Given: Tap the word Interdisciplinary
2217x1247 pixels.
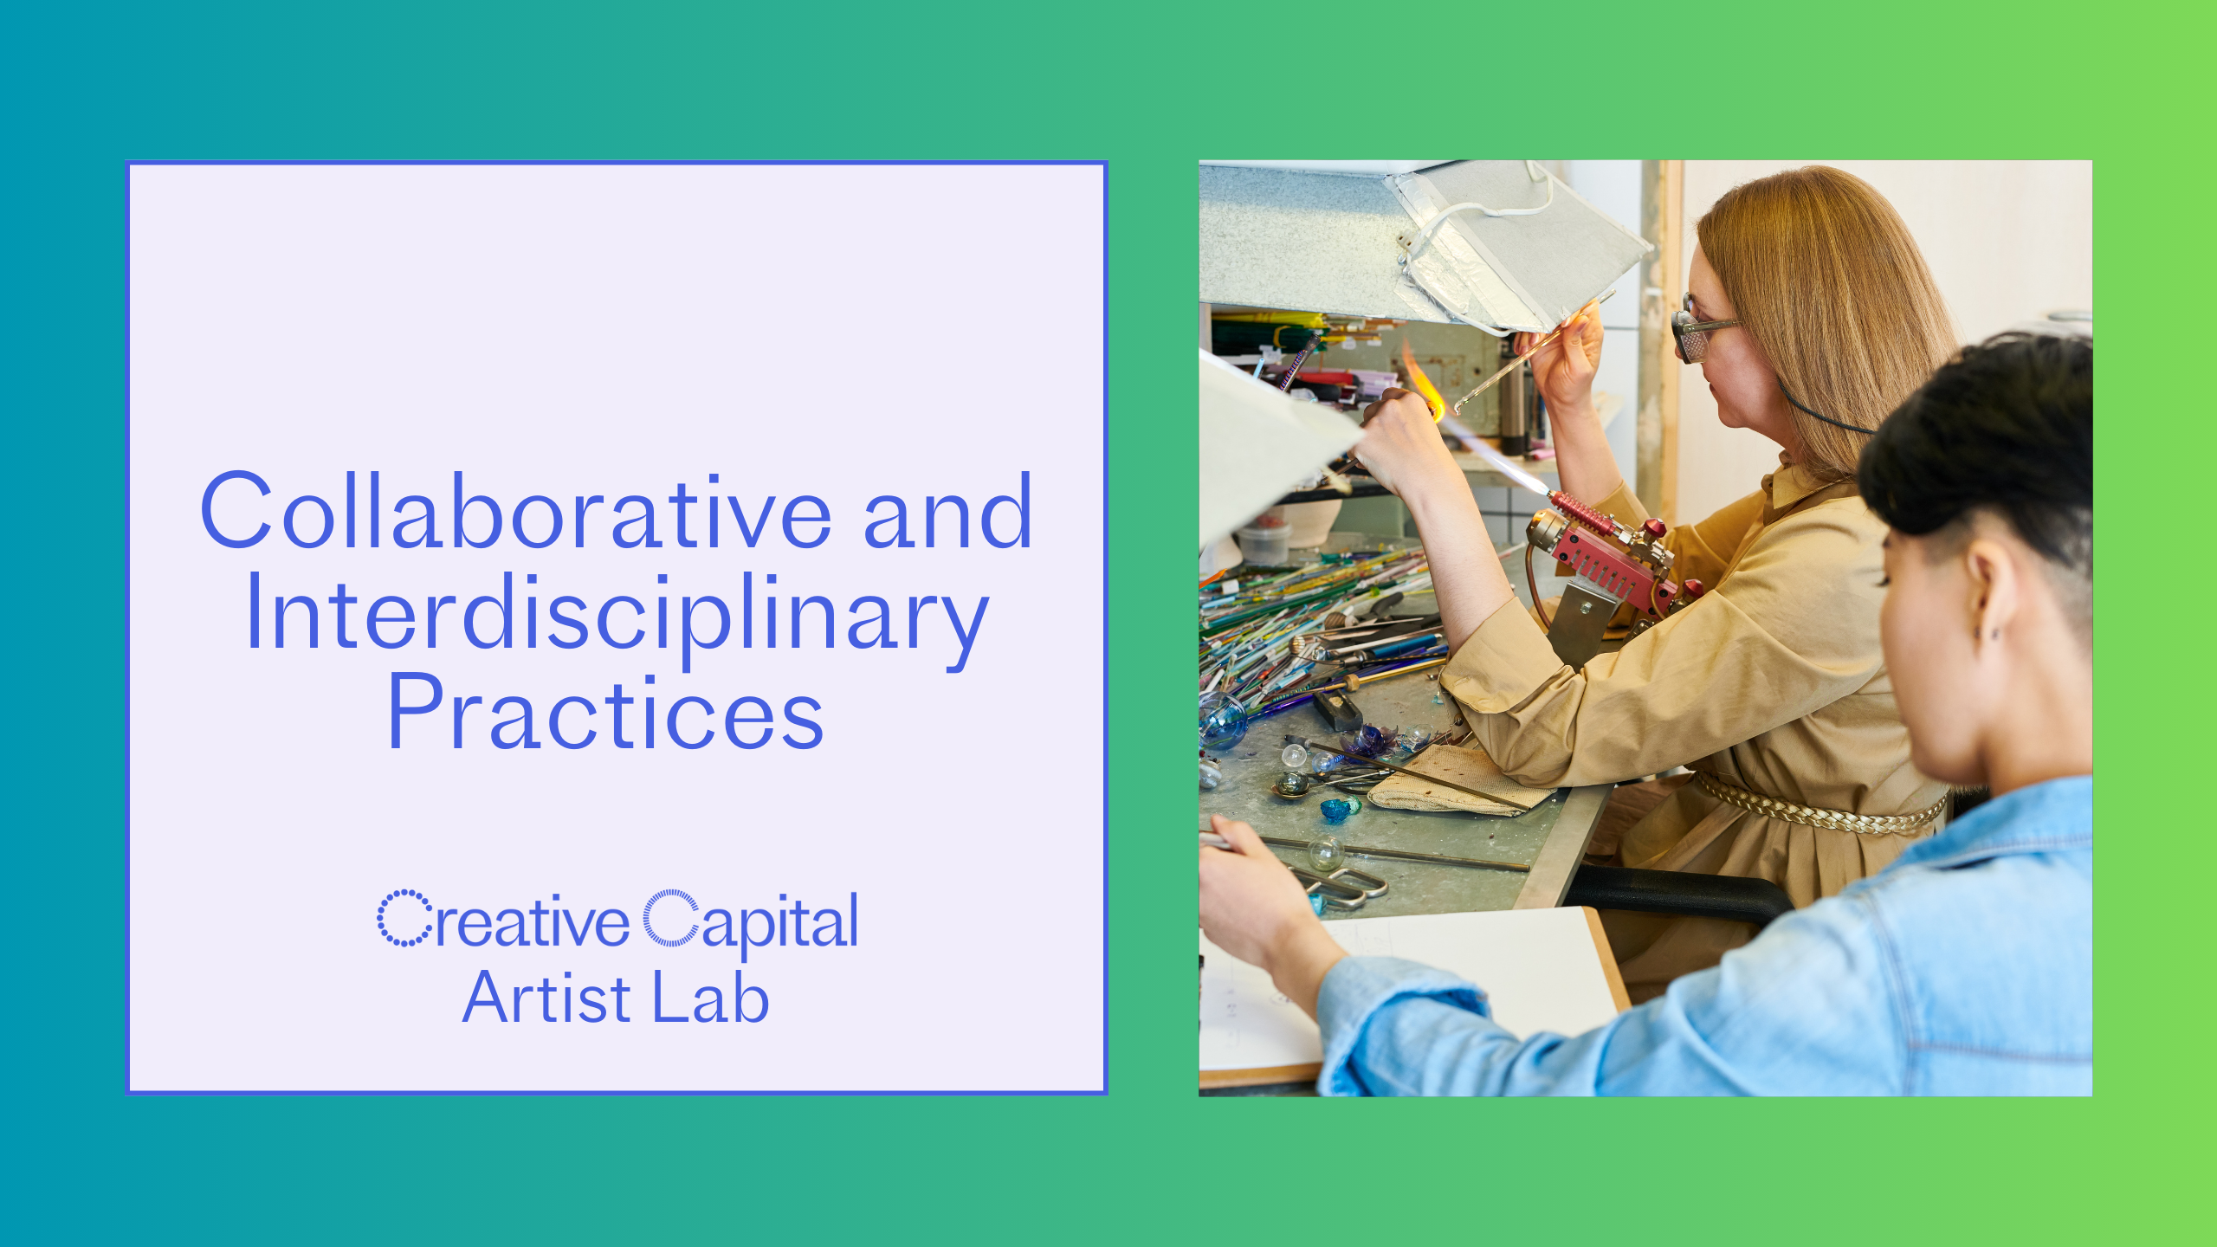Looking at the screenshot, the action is (617, 616).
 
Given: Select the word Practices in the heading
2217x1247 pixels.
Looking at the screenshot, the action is (605, 712).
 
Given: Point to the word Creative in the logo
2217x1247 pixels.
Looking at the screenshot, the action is (503, 920).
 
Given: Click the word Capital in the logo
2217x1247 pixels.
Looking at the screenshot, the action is (750, 923).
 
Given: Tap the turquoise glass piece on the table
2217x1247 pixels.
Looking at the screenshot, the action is (1340, 810).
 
